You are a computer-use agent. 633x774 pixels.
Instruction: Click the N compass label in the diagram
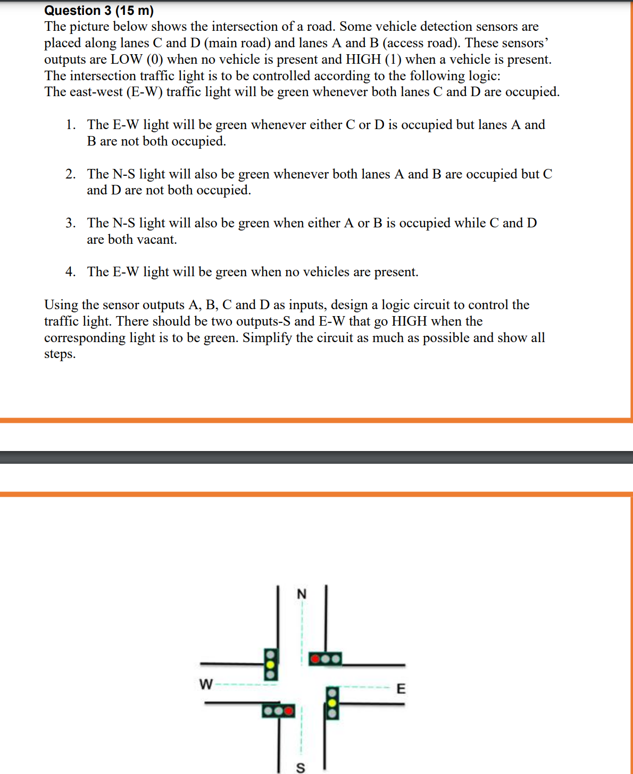pyautogui.click(x=302, y=594)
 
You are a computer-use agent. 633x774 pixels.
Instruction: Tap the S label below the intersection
pyautogui.click(x=301, y=768)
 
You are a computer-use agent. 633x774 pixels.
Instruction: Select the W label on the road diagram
pyautogui.click(x=206, y=684)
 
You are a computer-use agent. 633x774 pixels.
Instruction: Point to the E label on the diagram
pyautogui.click(x=401, y=688)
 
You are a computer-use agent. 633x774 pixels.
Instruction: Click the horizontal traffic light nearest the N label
pyautogui.click(x=326, y=659)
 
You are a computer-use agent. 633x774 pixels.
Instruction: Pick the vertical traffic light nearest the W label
pyautogui.click(x=271, y=664)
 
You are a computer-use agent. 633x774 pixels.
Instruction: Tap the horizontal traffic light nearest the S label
pyautogui.click(x=278, y=710)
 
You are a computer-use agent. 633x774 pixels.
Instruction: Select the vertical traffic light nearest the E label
pyautogui.click(x=332, y=702)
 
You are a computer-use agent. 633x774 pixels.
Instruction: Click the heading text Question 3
pyautogui.click(x=78, y=11)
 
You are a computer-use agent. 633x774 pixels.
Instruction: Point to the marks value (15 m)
pyautogui.click(x=135, y=11)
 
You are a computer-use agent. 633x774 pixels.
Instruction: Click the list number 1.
pyautogui.click(x=71, y=125)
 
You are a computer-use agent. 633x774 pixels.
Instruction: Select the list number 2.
pyautogui.click(x=71, y=174)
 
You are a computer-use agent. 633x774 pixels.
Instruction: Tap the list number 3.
pyautogui.click(x=71, y=223)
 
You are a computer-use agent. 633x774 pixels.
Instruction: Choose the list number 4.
pyautogui.click(x=71, y=272)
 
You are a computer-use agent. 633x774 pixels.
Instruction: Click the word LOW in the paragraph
pyautogui.click(x=127, y=59)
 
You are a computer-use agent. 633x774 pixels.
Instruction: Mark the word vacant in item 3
pyautogui.click(x=156, y=240)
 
